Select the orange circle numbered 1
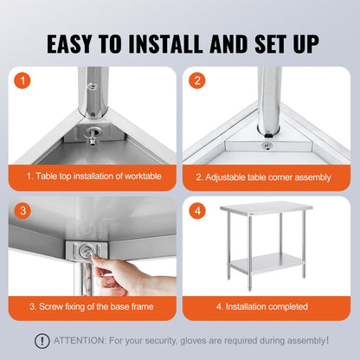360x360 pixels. click(x=23, y=82)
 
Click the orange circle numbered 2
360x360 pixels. click(x=198, y=82)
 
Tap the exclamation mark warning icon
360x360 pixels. click(x=42, y=341)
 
